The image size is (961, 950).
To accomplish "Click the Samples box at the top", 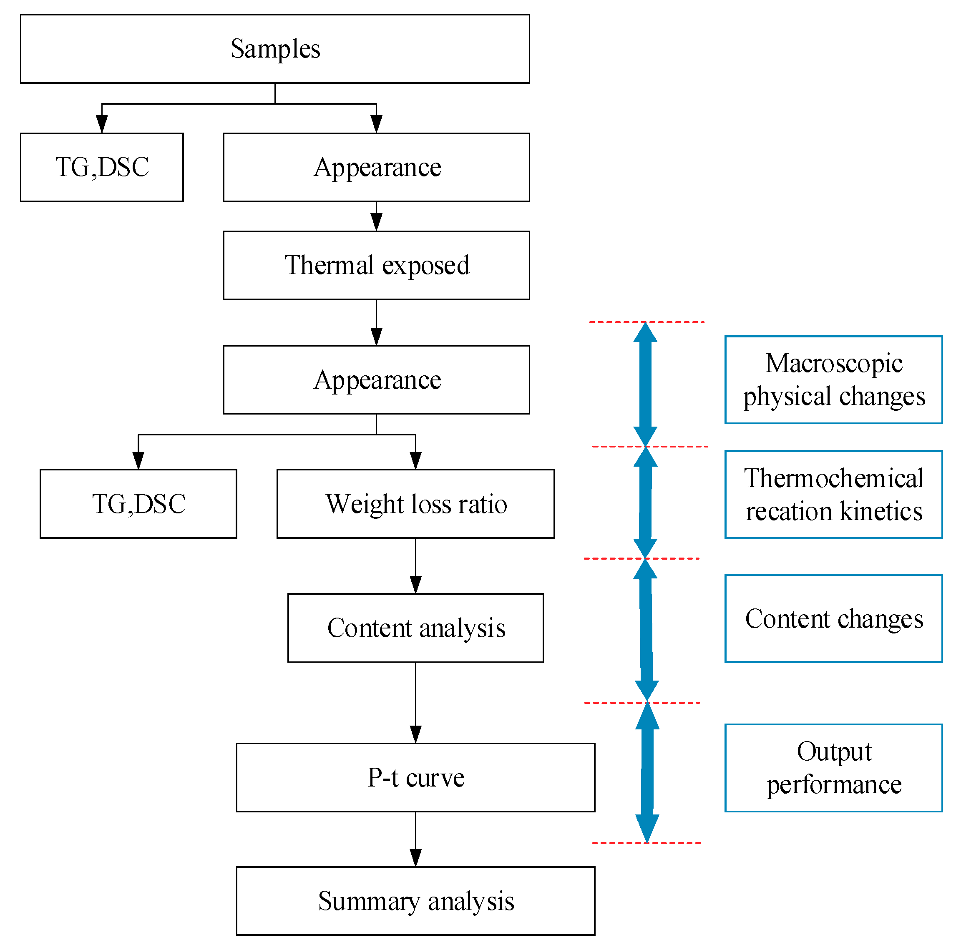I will pyautogui.click(x=274, y=49).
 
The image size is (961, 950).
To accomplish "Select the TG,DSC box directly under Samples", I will pyautogui.click(x=101, y=167).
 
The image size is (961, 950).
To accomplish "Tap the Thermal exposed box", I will pyautogui.click(x=376, y=265).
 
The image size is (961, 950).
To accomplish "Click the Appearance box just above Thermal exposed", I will pyautogui.click(x=376, y=167).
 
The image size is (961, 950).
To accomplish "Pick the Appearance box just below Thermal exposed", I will pyautogui.click(x=376, y=379).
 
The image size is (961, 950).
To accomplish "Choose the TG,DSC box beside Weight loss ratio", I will pyautogui.click(x=138, y=503).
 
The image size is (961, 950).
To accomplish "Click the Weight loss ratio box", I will pyautogui.click(x=415, y=503).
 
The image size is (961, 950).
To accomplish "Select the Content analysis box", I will pyautogui.click(x=415, y=628).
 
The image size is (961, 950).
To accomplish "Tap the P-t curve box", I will pyautogui.click(x=415, y=777).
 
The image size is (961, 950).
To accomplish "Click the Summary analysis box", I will pyautogui.click(x=415, y=901).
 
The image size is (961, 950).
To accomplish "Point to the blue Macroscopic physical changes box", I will pyautogui.click(x=833, y=379).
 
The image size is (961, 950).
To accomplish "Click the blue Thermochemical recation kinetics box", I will pyautogui.click(x=833, y=495).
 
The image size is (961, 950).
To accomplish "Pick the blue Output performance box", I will pyautogui.click(x=833, y=767).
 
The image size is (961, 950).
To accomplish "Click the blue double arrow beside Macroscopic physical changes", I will pyautogui.click(x=645, y=384).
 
